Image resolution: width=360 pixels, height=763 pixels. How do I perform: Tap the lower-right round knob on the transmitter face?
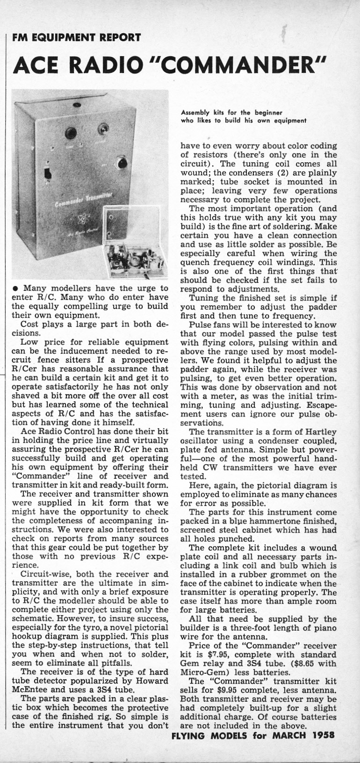(122, 163)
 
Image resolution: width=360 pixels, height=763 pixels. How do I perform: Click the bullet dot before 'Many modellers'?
(16, 288)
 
